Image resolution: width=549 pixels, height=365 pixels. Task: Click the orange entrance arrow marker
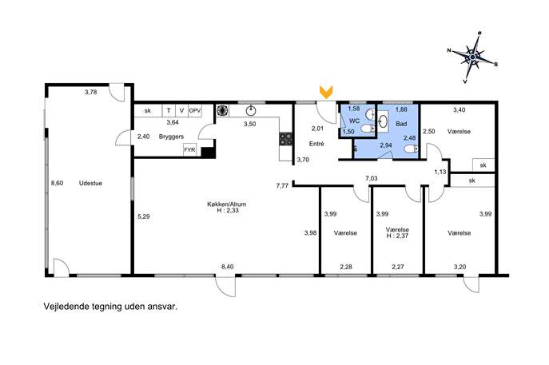pyautogui.click(x=326, y=92)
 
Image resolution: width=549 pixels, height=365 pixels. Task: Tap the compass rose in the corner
pyautogui.click(x=472, y=57)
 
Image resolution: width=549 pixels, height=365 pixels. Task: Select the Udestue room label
pyautogui.click(x=90, y=183)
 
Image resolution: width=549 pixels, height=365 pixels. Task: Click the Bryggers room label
pyautogui.click(x=171, y=137)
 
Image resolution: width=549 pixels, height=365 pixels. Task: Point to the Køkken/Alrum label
pyautogui.click(x=226, y=204)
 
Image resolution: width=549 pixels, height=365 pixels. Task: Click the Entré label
pyautogui.click(x=316, y=144)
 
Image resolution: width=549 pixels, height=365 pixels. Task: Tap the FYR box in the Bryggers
pyautogui.click(x=189, y=150)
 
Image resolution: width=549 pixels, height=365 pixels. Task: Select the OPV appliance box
pyautogui.click(x=195, y=110)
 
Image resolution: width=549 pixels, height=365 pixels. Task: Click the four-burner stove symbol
pyautogui.click(x=286, y=139)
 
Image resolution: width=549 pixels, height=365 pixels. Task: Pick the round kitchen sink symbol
pyautogui.click(x=251, y=110)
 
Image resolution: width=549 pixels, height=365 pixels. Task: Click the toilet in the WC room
pyautogui.click(x=368, y=129)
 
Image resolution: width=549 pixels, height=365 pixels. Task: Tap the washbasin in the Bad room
pyautogui.click(x=383, y=121)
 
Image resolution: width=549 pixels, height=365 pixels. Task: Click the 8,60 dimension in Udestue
pyautogui.click(x=57, y=183)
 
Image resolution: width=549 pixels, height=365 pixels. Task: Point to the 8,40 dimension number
pyautogui.click(x=228, y=267)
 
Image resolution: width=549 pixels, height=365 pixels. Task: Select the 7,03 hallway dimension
pyautogui.click(x=372, y=178)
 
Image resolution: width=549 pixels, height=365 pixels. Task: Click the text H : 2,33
pyautogui.click(x=228, y=210)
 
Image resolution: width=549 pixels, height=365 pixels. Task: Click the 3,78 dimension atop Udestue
pyautogui.click(x=90, y=92)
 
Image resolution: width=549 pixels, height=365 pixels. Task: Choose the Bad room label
pyautogui.click(x=401, y=124)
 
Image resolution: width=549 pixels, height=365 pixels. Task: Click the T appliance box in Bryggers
pyautogui.click(x=169, y=110)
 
